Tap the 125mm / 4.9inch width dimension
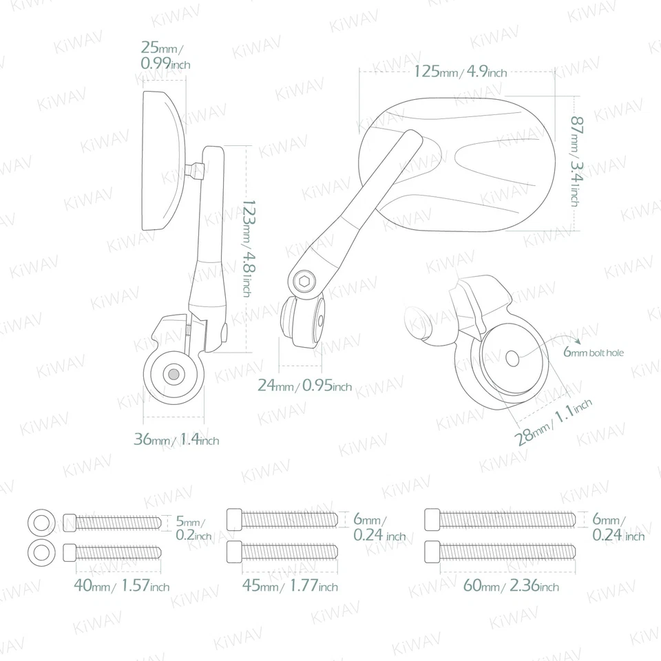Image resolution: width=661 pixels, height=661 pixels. pyautogui.click(x=461, y=72)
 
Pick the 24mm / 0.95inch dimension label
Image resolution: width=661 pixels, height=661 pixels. pyautogui.click(x=304, y=386)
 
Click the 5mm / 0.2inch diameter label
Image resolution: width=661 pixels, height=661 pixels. pyautogui.click(x=192, y=527)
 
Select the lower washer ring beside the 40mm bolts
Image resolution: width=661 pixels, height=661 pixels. pyautogui.click(x=41, y=551)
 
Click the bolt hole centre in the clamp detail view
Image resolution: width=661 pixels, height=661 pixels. pyautogui.click(x=512, y=359)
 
